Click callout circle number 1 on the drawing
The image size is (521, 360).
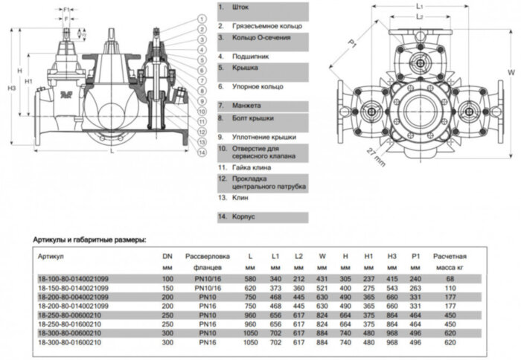(x=202, y=18)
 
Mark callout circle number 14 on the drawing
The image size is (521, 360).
(x=202, y=152)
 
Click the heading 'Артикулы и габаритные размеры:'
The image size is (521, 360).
(x=89, y=240)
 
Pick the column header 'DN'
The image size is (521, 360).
(x=167, y=255)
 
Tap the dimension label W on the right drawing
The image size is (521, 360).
(x=511, y=72)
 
